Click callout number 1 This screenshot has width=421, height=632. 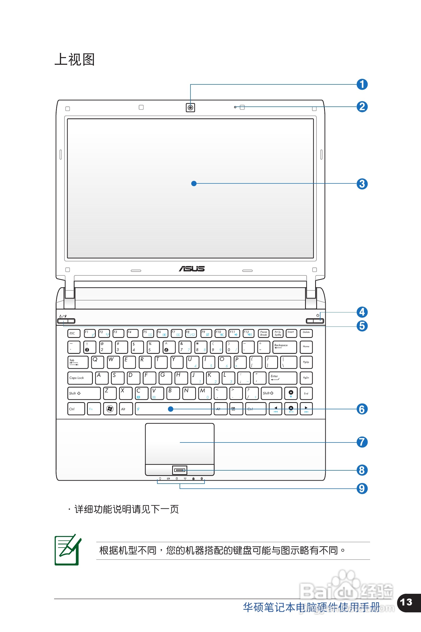(x=362, y=84)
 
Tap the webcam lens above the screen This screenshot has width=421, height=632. (x=190, y=108)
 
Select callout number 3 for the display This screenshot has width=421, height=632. (x=362, y=184)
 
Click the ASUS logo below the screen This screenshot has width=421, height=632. (x=192, y=269)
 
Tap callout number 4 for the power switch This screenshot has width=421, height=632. (x=362, y=312)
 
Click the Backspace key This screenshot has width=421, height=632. (x=285, y=347)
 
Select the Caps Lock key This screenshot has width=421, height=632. (x=80, y=378)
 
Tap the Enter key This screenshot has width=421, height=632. (x=283, y=378)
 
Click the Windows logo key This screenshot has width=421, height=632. (x=110, y=409)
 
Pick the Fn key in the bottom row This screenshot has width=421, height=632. (x=94, y=409)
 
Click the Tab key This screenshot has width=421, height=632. (x=78, y=362)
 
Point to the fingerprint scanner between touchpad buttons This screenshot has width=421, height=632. (x=179, y=470)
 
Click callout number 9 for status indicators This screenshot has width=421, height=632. (x=362, y=488)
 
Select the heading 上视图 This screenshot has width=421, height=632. (x=75, y=59)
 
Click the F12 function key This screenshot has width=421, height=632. (x=248, y=333)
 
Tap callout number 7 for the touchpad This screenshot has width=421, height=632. (x=362, y=442)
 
